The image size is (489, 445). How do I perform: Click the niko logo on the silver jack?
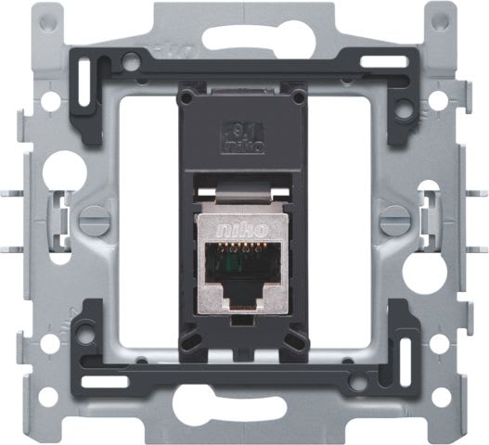pyautogui.click(x=244, y=225)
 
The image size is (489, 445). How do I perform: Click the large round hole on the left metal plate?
pyautogui.click(x=63, y=170)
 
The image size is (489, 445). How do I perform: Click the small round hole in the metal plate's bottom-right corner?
pyautogui.click(x=443, y=397)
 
